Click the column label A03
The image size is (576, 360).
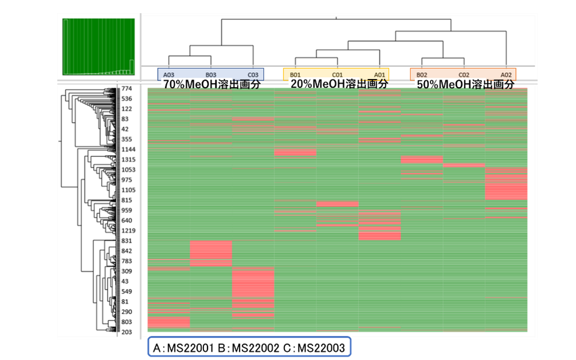169,75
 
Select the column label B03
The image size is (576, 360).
211,75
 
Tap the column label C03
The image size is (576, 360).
253,75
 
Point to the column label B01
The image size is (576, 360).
295,75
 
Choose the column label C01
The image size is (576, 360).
338,75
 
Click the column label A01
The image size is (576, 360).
380,75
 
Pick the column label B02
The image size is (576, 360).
422,75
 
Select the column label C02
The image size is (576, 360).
464,75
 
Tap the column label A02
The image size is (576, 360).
506,75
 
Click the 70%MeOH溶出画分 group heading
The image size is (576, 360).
212,84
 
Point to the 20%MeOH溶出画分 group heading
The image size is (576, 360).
339,84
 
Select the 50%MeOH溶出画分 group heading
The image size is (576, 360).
465,84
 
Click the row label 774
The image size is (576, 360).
127,88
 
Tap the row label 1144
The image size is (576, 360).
128,150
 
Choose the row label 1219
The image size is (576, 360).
128,230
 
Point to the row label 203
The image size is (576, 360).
127,332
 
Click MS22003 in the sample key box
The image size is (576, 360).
321,347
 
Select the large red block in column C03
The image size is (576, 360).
253,283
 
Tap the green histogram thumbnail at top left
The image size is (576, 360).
99,46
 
